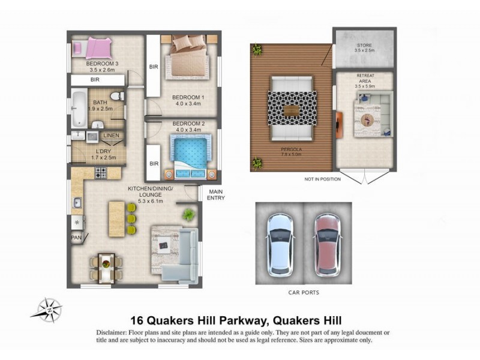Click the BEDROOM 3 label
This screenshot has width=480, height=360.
pos(102,63)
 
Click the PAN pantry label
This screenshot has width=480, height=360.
pos(77,238)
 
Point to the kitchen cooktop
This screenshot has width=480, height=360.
pos(101,174)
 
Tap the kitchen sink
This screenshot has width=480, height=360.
pos(77,203)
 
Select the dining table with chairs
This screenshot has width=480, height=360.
pos(106,267)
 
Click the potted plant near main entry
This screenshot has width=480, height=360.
pos(190,214)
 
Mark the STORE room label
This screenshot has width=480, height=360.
pos(365,45)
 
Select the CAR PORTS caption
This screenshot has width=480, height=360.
pos(304,293)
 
